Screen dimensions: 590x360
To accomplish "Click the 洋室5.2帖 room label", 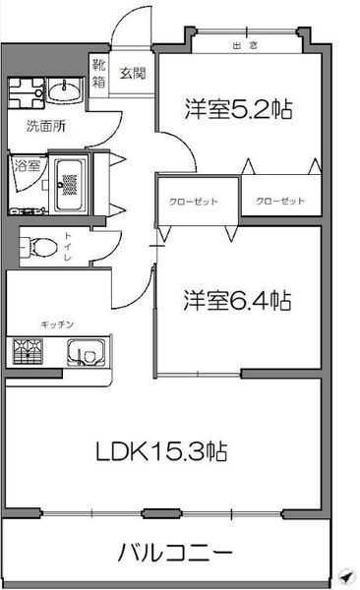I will pyautogui.click(x=240, y=108).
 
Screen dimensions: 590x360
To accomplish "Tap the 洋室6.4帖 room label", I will pyautogui.click(x=239, y=299).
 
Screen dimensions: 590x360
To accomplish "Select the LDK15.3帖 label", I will pyautogui.click(x=162, y=452).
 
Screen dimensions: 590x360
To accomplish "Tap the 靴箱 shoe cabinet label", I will pyautogui.click(x=99, y=74).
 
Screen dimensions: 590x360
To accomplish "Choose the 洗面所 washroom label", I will pyautogui.click(x=45, y=126).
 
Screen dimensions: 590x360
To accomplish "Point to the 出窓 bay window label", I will pyautogui.click(x=245, y=45).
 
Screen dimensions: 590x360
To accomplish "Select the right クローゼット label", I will pyautogui.click(x=279, y=202).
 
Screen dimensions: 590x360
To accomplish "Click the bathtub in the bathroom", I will pyautogui.click(x=70, y=181).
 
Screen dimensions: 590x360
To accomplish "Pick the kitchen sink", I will pyautogui.click(x=86, y=352).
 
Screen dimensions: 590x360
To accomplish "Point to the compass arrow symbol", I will pyautogui.click(x=343, y=575).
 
